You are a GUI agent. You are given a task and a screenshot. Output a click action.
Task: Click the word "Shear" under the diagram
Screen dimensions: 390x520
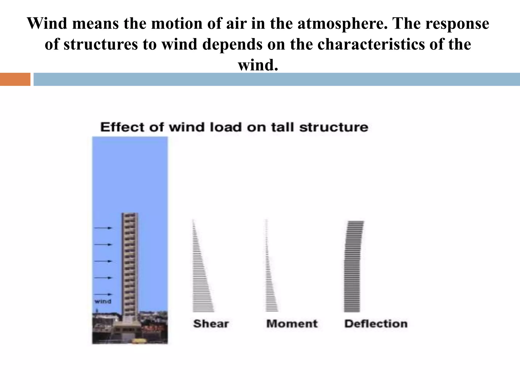click(211, 324)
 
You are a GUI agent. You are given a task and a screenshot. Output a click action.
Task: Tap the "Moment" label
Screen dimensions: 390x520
click(292, 324)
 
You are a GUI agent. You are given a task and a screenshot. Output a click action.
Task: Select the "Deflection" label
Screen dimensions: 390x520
click(376, 324)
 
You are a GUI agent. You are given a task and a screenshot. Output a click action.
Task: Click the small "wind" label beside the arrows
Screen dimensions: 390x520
click(103, 301)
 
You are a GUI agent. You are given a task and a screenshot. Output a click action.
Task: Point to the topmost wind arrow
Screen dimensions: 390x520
click(103, 228)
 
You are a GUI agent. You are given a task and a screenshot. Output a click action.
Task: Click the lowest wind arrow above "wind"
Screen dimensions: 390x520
click(103, 294)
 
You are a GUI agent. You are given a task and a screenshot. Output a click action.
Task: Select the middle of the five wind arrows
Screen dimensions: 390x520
click(103, 261)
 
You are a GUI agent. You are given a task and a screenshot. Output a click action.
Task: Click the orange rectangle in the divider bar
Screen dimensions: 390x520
click(15, 79)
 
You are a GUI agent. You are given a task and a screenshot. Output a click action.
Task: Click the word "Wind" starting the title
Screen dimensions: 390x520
click(47, 23)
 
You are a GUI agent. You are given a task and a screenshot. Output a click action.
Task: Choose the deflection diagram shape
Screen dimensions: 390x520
click(353, 267)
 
